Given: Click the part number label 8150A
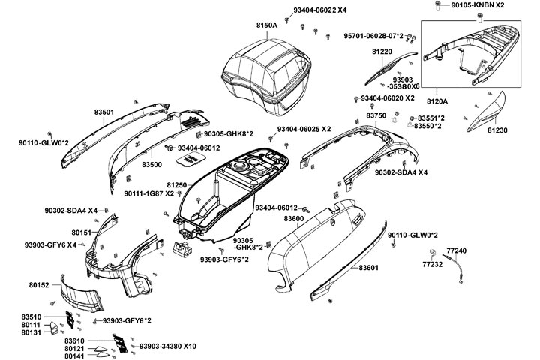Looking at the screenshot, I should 267,25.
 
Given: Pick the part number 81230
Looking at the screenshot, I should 496,130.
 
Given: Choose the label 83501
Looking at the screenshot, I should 104,112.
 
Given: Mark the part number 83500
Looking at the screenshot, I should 152,163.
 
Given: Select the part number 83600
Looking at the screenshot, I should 293,218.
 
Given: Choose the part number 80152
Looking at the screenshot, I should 39,285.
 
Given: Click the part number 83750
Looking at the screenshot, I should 376,115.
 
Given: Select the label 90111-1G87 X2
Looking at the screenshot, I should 148,194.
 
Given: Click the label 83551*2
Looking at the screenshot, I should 431,118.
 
